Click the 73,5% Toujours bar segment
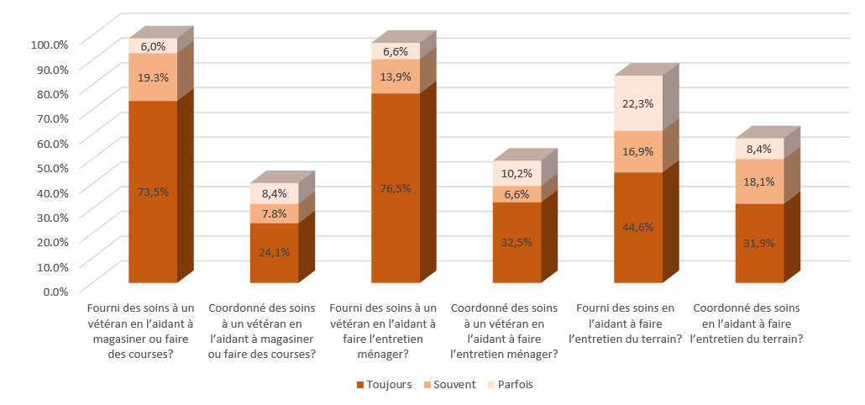[153, 192]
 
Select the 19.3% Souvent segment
[153, 76]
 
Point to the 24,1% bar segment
[275, 252]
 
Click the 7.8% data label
[275, 214]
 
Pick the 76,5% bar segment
[396, 188]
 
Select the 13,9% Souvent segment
[396, 76]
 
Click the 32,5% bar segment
[516, 242]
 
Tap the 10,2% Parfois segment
[516, 174]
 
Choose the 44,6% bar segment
[638, 227]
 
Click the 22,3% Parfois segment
[638, 103]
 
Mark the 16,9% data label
[638, 152]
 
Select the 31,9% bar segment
[759, 244]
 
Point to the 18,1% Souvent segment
[759, 181]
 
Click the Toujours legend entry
[385, 385]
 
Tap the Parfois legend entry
[510, 385]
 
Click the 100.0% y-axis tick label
[49, 44]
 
